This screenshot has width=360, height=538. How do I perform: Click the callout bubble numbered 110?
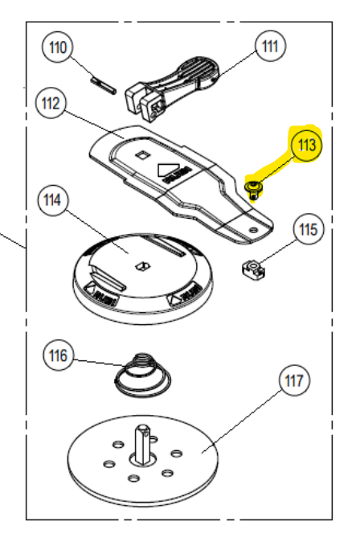click(59, 47)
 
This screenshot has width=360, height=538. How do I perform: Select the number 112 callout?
click(51, 104)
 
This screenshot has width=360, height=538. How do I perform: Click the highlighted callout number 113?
click(306, 146)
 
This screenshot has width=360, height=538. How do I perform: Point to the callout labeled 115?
click(309, 230)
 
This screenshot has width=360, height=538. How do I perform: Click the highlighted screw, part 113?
click(254, 190)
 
